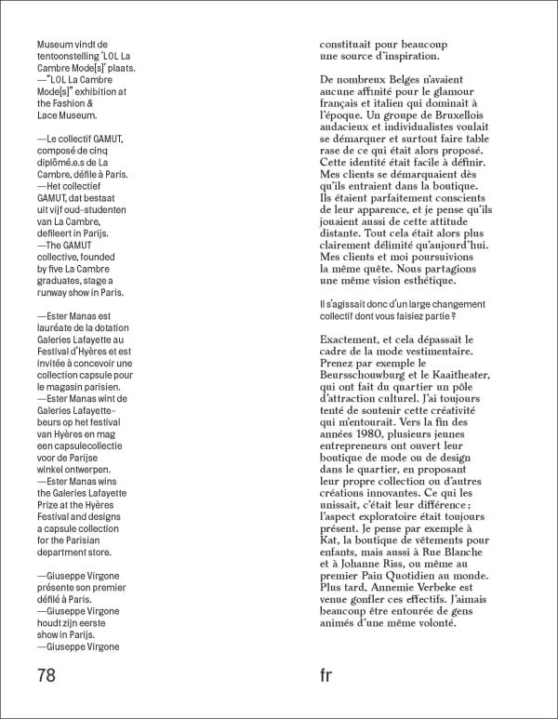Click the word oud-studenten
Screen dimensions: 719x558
point(104,210)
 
